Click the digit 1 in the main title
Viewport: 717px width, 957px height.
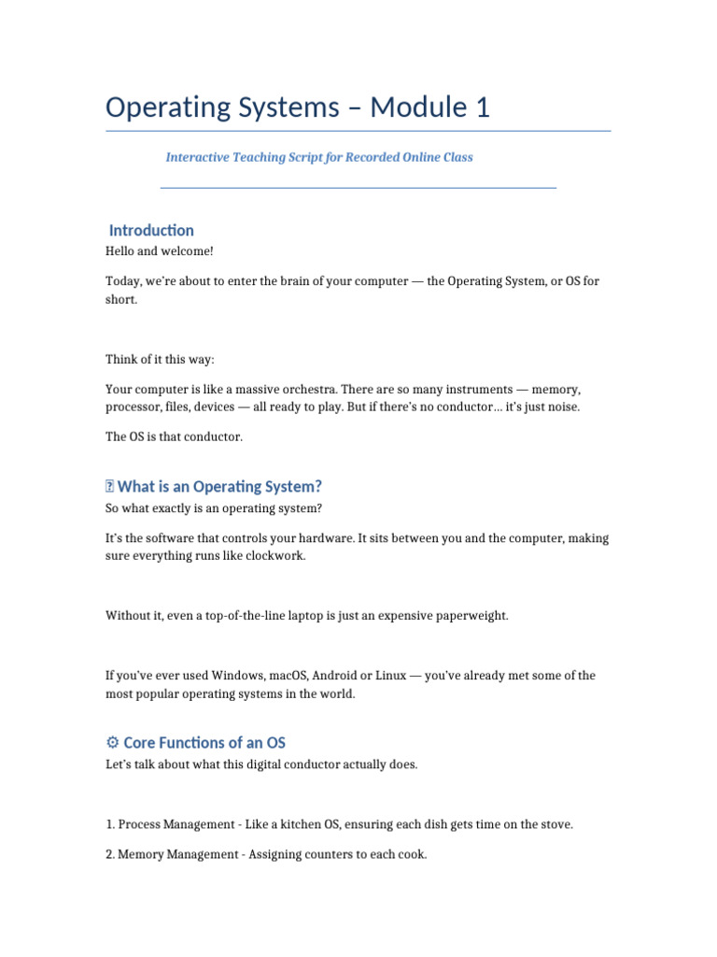click(482, 107)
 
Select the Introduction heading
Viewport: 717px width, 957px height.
click(151, 230)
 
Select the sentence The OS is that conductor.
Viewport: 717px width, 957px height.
click(173, 436)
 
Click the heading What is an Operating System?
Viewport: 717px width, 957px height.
click(219, 486)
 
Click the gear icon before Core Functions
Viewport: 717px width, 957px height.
click(112, 743)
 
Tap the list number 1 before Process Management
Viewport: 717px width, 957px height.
click(109, 824)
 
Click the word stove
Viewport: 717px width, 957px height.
click(555, 824)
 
